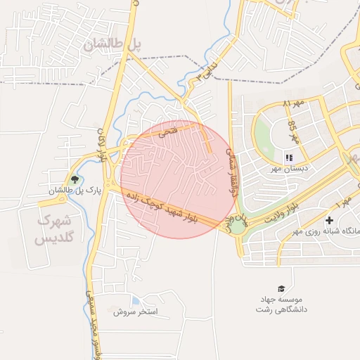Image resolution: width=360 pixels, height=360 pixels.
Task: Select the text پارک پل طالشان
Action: click(x=75, y=190)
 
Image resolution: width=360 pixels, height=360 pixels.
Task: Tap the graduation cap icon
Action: click(x=281, y=289)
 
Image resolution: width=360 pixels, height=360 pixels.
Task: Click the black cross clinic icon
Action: click(x=329, y=221)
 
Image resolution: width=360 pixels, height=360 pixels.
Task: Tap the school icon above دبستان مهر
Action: click(x=288, y=157)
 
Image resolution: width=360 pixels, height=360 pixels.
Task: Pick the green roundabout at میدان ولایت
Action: click(x=238, y=225)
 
